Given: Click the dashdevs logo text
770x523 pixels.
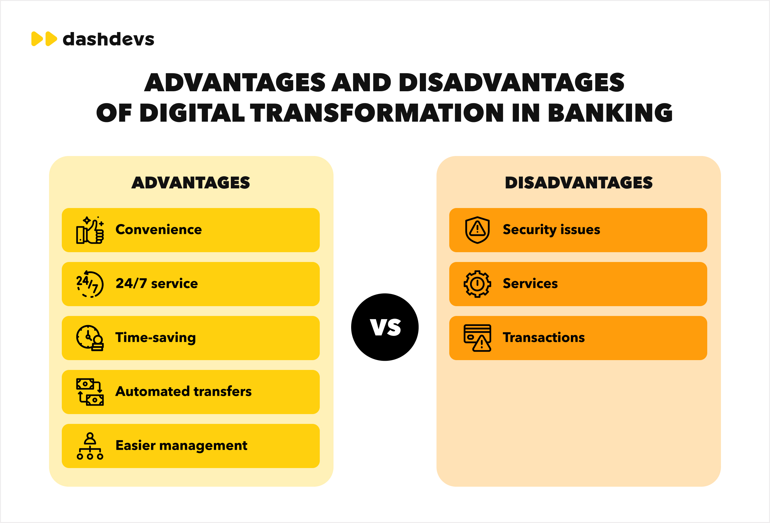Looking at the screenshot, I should (108, 39).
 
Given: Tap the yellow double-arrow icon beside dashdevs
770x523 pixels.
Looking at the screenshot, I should (44, 39).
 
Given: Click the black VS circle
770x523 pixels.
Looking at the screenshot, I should (385, 327).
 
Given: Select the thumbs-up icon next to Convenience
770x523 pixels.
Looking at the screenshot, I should (90, 230).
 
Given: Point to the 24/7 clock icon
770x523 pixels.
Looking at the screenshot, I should (90, 284).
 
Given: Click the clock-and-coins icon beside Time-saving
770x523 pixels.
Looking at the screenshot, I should (90, 338).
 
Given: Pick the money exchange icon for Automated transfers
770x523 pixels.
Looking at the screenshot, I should (90, 392).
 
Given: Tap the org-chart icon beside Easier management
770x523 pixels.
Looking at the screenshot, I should (90, 446).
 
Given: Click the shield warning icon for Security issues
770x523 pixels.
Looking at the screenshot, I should (477, 230).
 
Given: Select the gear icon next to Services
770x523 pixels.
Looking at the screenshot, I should (477, 284).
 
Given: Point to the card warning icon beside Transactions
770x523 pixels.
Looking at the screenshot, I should (477, 338).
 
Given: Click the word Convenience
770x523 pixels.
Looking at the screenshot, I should (158, 229).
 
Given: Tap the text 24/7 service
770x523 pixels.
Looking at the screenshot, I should (156, 283).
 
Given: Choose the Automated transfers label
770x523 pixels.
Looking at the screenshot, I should (183, 392).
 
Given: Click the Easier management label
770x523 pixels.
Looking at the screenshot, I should (181, 445).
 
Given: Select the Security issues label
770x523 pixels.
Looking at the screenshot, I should (551, 229).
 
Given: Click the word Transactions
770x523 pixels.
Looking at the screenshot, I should (544, 338).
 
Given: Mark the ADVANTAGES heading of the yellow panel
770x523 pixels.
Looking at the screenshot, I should (191, 183).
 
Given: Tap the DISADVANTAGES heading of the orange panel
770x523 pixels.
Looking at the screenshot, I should (578, 183).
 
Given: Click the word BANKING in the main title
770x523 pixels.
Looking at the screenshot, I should (610, 113).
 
